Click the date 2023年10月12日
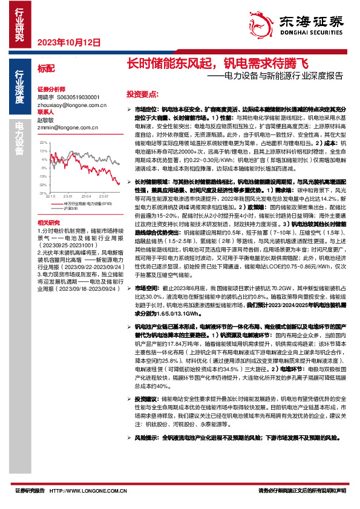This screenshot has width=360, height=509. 68,43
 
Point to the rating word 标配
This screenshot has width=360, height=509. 45,70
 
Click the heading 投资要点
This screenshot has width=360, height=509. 142,95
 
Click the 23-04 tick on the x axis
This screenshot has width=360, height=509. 85,196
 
